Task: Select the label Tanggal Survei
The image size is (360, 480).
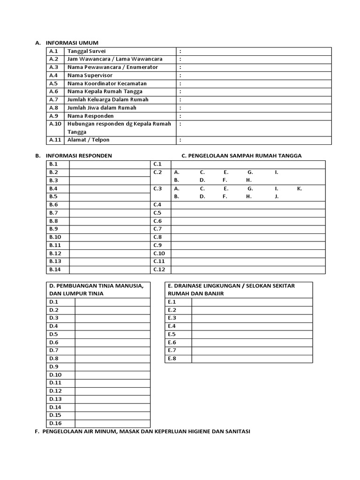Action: pos(87,51)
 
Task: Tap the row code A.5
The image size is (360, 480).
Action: pos(53,83)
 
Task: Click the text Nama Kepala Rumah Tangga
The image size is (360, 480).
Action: pos(105,91)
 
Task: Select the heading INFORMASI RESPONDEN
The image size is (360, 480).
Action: pos(79,156)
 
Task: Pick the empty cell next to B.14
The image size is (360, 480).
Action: pos(109,270)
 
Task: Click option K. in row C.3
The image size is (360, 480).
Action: pos(300,188)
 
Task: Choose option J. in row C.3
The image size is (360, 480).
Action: pos(277,196)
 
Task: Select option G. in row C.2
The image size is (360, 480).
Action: pos(250,172)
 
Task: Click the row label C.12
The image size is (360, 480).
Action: pos(159,270)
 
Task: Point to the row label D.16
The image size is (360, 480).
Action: pos(55,423)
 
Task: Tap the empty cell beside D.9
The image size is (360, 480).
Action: pos(112,367)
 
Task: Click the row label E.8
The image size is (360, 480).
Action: pos(172,359)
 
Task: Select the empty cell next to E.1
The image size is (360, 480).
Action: pos(252,302)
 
